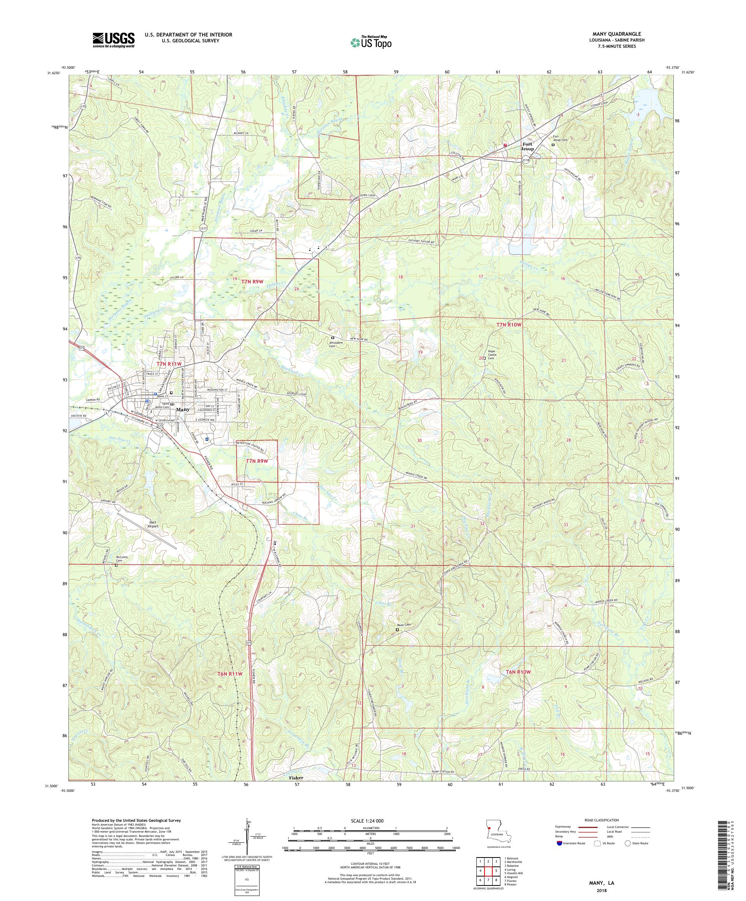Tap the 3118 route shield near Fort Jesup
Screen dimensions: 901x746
tap(526, 160)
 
